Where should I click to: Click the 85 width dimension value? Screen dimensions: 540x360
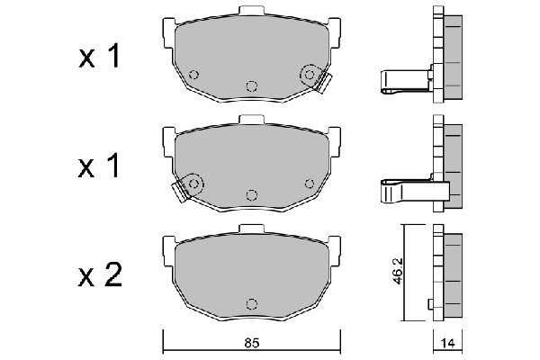pos(252,343)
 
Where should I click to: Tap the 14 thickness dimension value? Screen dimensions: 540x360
pos(447,343)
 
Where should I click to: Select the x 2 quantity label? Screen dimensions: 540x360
pos(100,274)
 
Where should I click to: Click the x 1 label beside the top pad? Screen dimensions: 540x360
pos(99,56)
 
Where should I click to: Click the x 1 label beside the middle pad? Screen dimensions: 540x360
pos(99,166)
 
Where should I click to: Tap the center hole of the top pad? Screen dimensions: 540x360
pos(252,85)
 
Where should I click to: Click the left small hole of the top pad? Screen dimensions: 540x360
pos(193,75)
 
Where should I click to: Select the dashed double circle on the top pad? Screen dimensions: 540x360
pos(310,75)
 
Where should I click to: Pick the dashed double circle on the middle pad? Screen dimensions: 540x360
pos(193,184)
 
